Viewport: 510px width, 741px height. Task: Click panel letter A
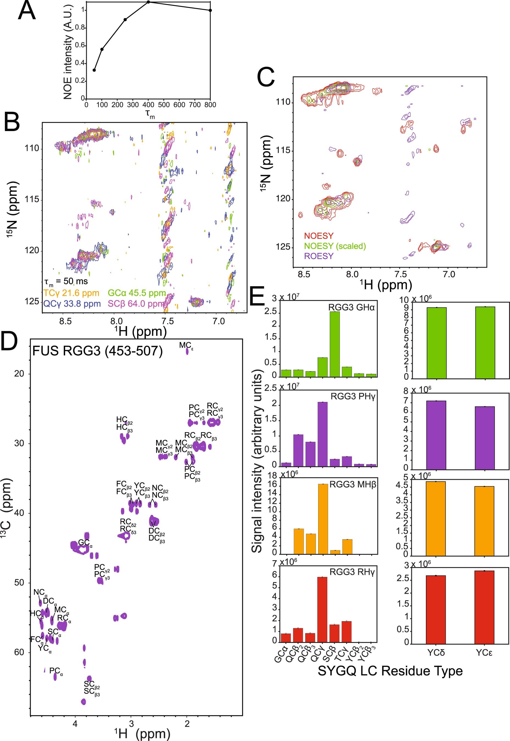click(27, 10)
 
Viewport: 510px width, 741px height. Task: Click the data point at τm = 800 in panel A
click(210, 10)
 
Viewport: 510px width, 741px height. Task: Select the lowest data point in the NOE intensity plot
click(94, 70)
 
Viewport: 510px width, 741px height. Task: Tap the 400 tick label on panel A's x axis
click(148, 105)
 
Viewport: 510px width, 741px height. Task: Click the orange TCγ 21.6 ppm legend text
click(71, 293)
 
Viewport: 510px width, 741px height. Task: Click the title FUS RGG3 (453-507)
click(98, 351)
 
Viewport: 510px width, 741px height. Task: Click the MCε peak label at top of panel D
click(186, 345)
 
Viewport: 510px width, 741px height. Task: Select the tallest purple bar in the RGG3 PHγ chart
click(322, 434)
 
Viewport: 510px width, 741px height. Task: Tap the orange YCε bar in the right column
click(484, 521)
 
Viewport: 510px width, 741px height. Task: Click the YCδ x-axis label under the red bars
click(436, 652)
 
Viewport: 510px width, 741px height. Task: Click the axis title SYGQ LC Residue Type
click(390, 671)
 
